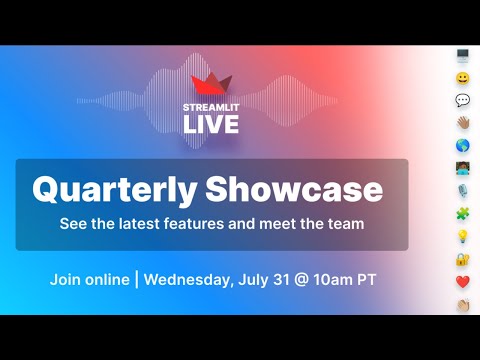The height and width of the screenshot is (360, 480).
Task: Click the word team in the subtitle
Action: coord(344,223)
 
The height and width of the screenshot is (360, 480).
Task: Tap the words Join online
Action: coord(88,279)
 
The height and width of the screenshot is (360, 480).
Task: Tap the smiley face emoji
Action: coord(463,78)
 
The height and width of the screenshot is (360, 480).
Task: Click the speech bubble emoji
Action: coord(463,100)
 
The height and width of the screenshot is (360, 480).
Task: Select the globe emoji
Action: coord(463,145)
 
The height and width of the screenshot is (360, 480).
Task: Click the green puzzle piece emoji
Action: coord(463,213)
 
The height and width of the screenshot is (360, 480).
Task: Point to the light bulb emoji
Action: coord(463,235)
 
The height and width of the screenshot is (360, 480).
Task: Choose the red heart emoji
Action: coord(463,281)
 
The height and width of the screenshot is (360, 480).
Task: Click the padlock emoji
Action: coord(463,258)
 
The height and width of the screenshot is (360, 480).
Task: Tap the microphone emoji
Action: coord(463,190)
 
